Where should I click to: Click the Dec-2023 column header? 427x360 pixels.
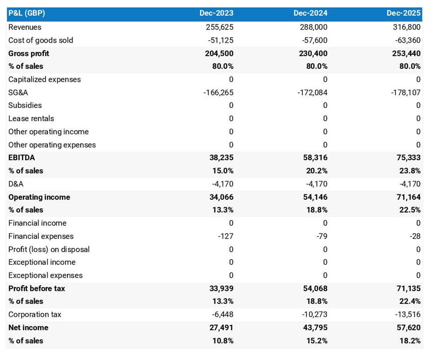[216, 13]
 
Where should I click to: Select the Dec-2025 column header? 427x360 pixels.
[404, 13]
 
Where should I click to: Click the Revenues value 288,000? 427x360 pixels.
[313, 27]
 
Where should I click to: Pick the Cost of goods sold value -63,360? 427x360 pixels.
[407, 40]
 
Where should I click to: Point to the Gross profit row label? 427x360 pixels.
[29, 53]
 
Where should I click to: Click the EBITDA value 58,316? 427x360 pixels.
[315, 157]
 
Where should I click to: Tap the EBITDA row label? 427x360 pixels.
[22, 157]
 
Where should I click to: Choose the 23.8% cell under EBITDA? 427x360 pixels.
[410, 171]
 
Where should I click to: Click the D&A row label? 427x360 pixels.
[16, 184]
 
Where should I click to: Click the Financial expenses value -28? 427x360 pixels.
[415, 236]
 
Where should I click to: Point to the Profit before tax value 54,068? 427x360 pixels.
[315, 288]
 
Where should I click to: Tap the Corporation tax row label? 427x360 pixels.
[35, 314]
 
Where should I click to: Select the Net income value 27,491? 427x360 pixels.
[221, 327]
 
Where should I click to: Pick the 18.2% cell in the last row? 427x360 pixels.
[410, 340]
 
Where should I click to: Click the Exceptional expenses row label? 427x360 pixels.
[46, 275]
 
